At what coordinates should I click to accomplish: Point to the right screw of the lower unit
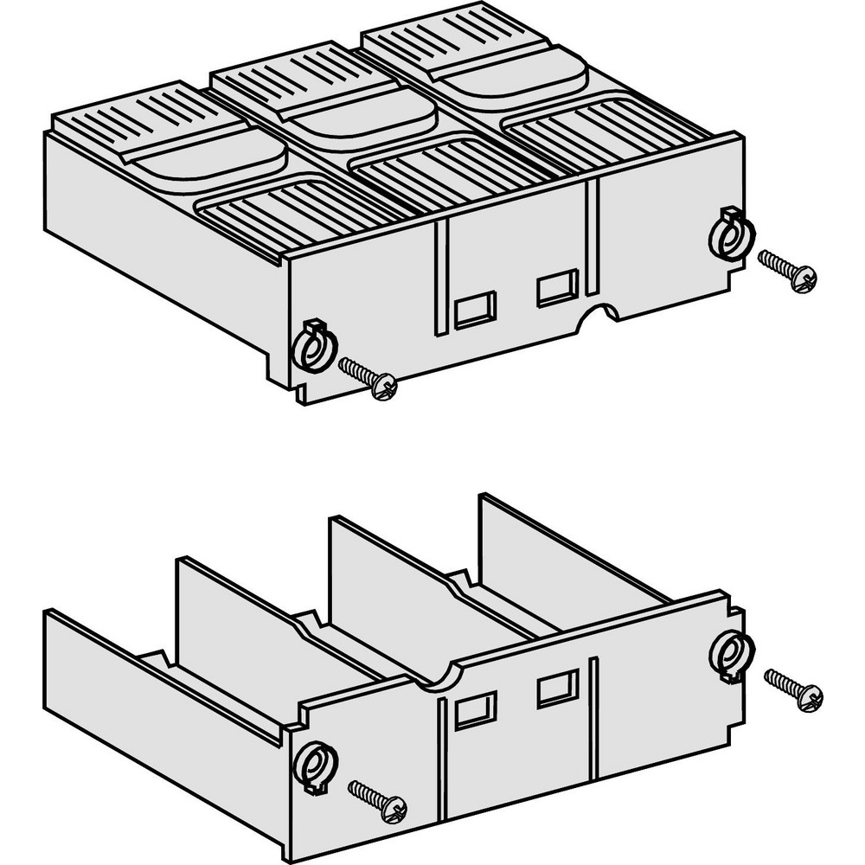tap(794, 689)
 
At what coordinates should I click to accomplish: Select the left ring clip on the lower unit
tap(311, 764)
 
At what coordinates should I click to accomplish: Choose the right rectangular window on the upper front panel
tap(556, 288)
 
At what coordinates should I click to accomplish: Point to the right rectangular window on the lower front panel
tap(556, 689)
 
